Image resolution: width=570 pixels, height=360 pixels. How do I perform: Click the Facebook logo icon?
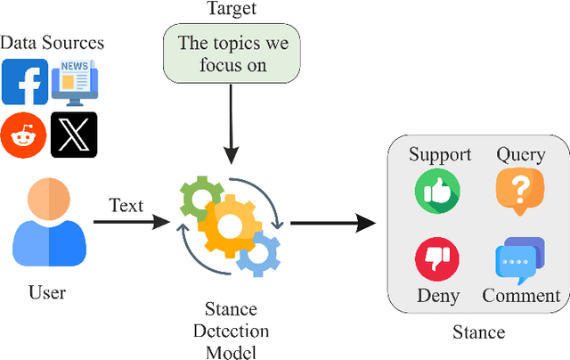tap(25, 82)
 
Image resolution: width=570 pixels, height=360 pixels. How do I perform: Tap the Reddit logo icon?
tap(24, 135)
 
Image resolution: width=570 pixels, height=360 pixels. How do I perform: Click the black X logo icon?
tap(74, 135)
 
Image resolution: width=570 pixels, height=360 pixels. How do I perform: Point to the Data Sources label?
tap(52, 42)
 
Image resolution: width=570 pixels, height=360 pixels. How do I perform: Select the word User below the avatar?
tap(47, 292)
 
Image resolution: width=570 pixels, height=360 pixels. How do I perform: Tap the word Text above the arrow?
tap(126, 205)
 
